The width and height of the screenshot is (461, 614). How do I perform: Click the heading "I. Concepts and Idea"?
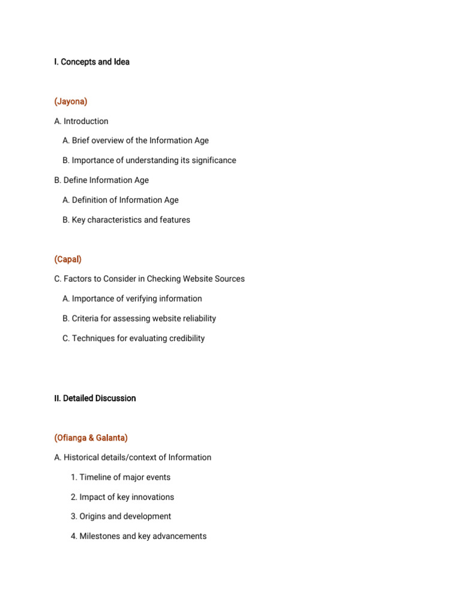pos(91,62)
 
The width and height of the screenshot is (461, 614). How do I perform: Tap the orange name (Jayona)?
pos(70,101)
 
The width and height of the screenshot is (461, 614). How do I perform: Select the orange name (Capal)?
pos(68,259)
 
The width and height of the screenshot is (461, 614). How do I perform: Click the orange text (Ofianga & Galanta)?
pos(91,438)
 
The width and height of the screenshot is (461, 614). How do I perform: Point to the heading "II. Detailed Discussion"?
pos(95,398)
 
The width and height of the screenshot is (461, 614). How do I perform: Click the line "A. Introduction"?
pos(81,121)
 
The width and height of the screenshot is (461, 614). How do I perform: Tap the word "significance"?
pos(212,160)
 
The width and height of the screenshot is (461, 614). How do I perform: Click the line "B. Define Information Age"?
pos(101,180)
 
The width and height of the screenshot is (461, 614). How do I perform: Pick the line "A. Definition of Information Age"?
pos(120,200)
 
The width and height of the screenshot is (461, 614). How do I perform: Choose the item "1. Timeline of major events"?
pos(120,477)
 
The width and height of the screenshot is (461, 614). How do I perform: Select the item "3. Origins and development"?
pos(121,516)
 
